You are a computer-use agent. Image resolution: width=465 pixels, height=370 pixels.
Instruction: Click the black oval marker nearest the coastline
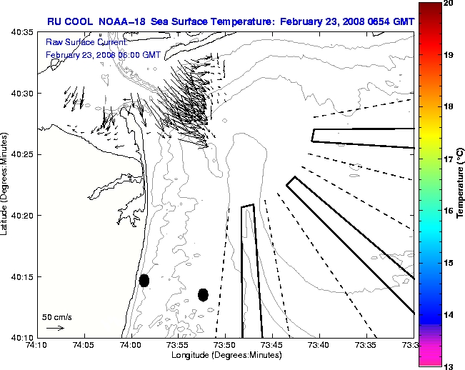144,280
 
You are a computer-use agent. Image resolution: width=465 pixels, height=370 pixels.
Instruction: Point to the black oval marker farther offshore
203,294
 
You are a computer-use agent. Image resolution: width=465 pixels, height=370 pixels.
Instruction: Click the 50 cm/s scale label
57,316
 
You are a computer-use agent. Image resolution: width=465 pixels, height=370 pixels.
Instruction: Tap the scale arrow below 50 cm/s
55,328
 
